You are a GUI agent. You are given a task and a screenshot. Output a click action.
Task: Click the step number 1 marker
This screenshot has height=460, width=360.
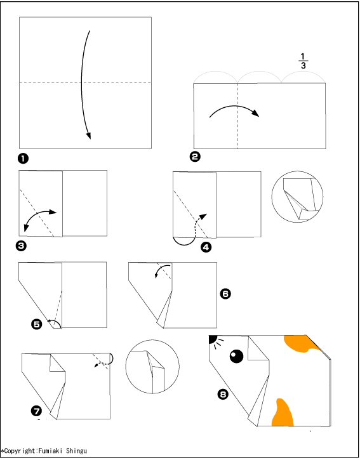[23, 159]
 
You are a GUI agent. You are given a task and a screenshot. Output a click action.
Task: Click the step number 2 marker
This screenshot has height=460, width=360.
[195, 156]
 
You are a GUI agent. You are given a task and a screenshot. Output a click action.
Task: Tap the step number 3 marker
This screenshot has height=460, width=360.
[21, 246]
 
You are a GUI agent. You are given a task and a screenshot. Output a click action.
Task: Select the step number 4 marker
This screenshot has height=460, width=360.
[206, 247]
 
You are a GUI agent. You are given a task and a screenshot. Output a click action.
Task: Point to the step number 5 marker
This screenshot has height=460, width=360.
[37, 324]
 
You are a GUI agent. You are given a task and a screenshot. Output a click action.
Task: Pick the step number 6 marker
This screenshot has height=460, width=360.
[225, 294]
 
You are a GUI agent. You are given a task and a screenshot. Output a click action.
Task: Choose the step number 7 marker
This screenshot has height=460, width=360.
[36, 411]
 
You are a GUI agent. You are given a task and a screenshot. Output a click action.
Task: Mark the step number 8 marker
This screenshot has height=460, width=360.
[223, 394]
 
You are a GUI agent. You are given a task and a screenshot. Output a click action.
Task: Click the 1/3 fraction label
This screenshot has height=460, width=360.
[303, 61]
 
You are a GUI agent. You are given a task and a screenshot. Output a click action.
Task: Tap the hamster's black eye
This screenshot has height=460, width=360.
[236, 356]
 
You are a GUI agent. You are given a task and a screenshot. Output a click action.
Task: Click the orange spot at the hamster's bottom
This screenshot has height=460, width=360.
[283, 412]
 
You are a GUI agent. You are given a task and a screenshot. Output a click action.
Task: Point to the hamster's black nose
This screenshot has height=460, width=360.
[212, 339]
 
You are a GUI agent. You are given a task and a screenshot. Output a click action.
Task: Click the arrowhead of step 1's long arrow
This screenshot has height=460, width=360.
[88, 136]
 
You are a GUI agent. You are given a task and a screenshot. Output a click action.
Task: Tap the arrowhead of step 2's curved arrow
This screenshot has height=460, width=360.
[255, 113]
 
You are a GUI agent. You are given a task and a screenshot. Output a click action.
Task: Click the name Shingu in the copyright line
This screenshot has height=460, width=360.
[76, 450]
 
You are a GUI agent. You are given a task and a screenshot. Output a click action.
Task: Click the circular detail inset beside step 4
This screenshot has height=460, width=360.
[297, 197]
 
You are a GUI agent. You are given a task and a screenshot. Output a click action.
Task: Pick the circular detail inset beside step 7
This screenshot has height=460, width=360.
[152, 367]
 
